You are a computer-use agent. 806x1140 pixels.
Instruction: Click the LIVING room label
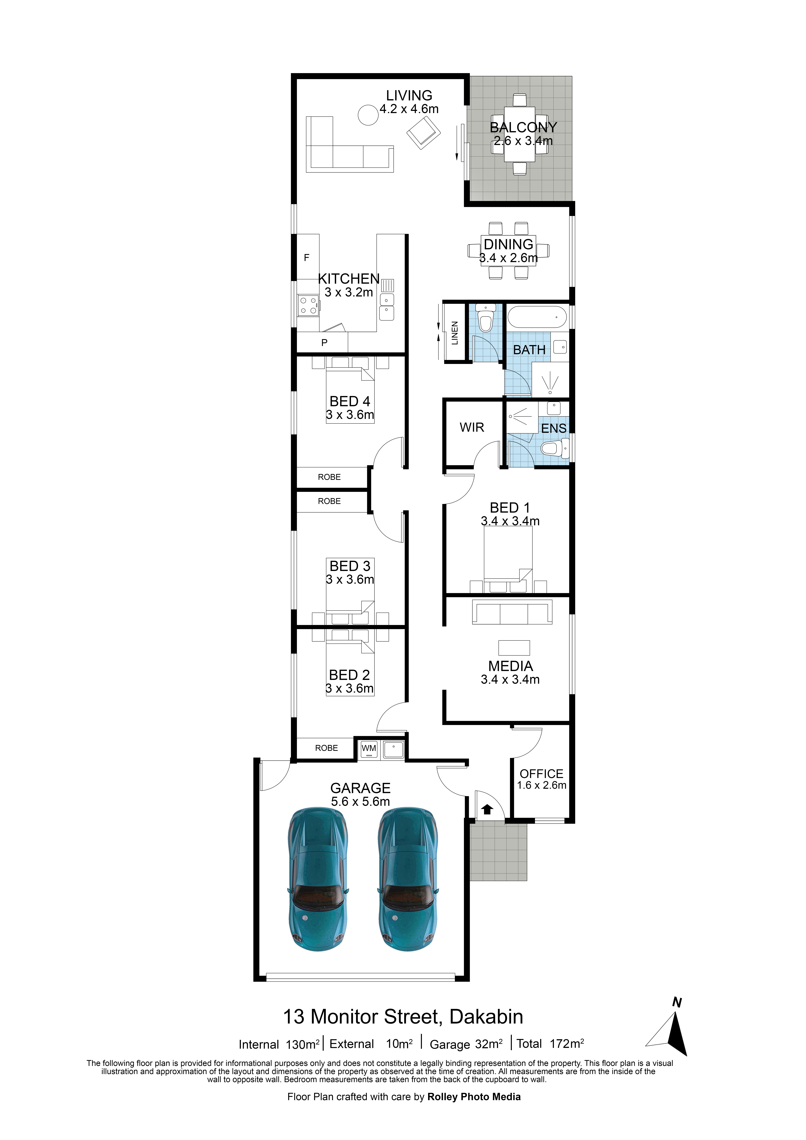(x=409, y=95)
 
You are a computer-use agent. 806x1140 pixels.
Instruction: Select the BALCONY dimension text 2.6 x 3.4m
(x=523, y=141)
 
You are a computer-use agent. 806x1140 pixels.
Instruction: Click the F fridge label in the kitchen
(x=306, y=257)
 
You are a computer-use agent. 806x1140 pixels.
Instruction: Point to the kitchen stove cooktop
(x=308, y=305)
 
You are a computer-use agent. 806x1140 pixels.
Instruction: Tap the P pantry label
(x=324, y=342)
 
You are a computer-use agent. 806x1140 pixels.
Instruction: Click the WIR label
(x=472, y=427)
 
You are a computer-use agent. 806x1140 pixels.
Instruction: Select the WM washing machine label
(x=369, y=748)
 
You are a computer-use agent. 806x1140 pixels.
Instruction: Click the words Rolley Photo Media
(x=474, y=1097)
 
